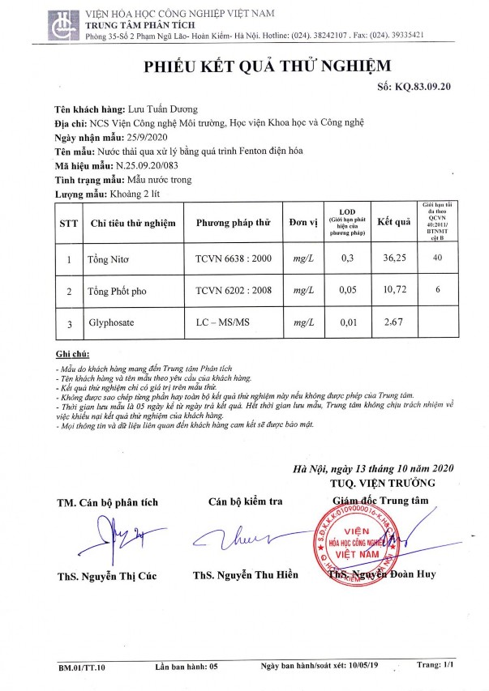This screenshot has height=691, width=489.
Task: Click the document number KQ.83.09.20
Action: pos(425,85)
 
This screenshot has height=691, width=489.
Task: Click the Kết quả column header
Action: pos(395,222)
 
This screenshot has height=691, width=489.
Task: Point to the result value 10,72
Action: pos(394,290)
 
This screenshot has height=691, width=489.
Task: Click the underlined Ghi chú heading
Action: pos(73,355)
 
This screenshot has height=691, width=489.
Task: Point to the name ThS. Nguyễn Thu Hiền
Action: pos(246,576)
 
